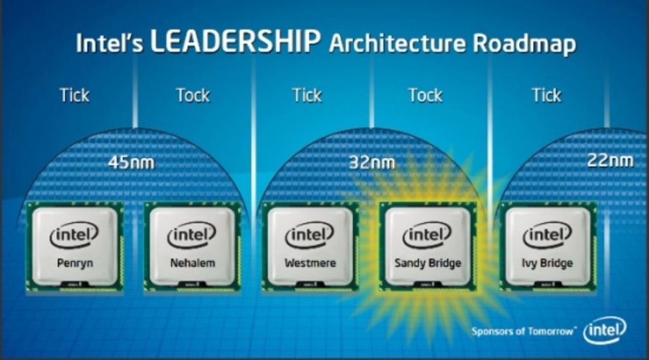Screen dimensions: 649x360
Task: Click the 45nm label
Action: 131,163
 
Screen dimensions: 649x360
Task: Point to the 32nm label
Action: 372,163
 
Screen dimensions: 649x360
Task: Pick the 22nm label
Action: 610,161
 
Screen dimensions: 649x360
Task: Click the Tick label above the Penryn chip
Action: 75,95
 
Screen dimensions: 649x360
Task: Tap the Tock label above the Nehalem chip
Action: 193,95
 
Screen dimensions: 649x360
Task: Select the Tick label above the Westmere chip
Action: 307,95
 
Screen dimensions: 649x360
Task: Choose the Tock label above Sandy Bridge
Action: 425,95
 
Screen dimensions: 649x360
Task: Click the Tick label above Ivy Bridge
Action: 547,95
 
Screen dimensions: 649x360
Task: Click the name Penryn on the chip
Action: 75,264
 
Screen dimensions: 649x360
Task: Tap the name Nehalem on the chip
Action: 193,263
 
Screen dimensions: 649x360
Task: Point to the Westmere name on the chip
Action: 310,263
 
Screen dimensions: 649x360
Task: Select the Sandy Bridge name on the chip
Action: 427,264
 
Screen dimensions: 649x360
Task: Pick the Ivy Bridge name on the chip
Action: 547,264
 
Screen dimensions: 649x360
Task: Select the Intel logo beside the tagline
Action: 604,331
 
